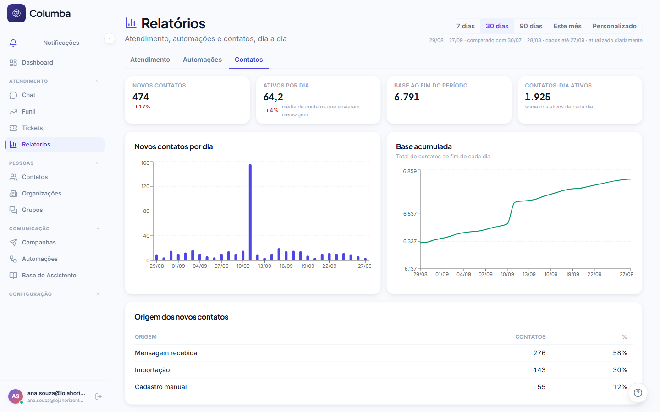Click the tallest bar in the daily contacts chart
tap(250, 212)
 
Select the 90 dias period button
tap(531, 26)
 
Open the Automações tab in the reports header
tap(202, 60)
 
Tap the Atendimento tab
tap(150, 60)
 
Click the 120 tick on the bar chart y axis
tap(145, 186)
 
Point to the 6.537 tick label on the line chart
tap(410, 214)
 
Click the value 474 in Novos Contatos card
tap(141, 97)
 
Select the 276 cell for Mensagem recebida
tap(539, 353)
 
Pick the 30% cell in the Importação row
tap(620, 370)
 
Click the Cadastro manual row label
tap(160, 387)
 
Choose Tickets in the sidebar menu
tap(32, 128)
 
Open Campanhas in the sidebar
tap(38, 243)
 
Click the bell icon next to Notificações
tap(13, 43)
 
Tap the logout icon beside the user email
tap(99, 396)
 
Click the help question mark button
tap(638, 393)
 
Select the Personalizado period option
tap(614, 26)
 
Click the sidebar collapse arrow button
tap(110, 38)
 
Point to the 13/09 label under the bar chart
tap(264, 266)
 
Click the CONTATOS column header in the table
tap(530, 336)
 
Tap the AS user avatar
tap(16, 396)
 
